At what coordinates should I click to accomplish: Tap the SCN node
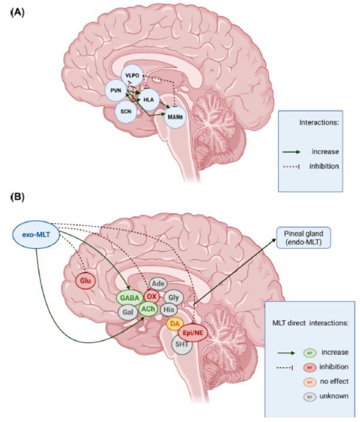click(x=125, y=111)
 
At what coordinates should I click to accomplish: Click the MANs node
click(x=175, y=117)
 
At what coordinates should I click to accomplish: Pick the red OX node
click(x=152, y=296)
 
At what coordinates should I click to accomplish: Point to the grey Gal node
click(x=127, y=311)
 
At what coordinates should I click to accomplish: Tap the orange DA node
click(x=174, y=324)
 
